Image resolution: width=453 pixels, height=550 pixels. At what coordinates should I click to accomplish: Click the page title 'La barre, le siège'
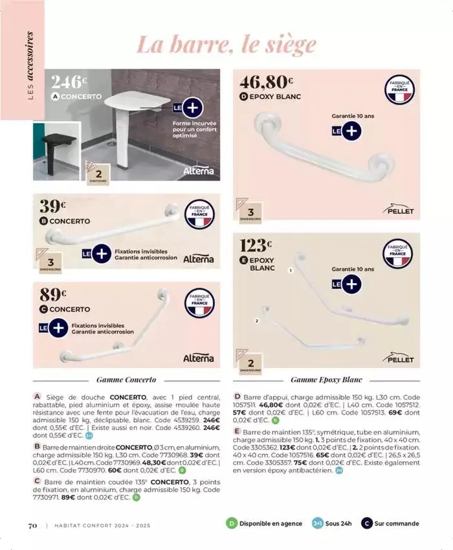coord(226,44)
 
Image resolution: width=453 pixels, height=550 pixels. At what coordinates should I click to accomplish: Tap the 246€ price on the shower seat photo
coord(68,82)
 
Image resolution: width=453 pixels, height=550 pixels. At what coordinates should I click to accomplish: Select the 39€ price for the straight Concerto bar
coord(53,207)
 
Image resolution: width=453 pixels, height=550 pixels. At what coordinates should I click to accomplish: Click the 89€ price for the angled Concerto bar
coord(53,294)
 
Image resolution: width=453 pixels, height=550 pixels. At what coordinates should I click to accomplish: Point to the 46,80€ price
coord(266,82)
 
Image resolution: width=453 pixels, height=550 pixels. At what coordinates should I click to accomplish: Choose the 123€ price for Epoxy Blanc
coord(256,246)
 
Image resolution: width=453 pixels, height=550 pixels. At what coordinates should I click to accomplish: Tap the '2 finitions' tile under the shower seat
coord(98,176)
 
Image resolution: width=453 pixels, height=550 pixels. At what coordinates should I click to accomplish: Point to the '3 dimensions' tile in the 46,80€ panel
coord(250,214)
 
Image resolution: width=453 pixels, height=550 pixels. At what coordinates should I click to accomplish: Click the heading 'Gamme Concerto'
coord(126,380)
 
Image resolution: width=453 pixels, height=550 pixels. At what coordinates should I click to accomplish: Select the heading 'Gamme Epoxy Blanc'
coord(326,380)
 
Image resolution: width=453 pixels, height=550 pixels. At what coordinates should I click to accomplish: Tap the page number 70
coord(32,525)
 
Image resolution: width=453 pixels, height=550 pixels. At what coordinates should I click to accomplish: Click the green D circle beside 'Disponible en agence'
coord(231,523)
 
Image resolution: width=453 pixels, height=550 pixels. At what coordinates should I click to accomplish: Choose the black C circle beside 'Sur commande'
coord(366,523)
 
